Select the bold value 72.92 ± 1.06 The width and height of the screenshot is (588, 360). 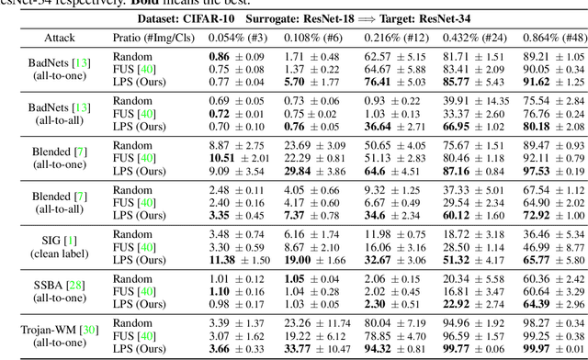(553, 215)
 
